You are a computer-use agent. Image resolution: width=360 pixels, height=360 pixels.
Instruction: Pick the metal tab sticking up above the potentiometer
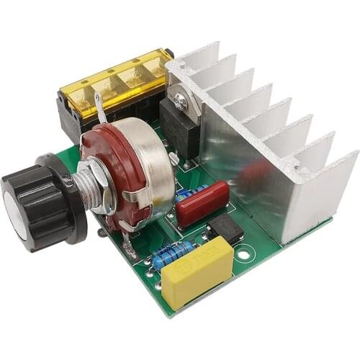[x=102, y=112]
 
